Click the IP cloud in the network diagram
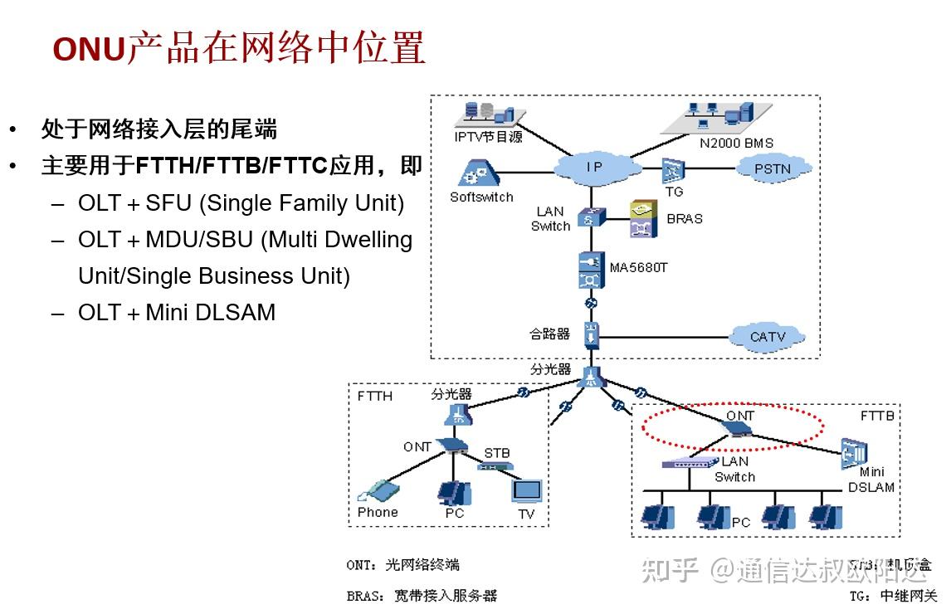click(595, 168)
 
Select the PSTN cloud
click(773, 169)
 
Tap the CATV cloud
click(767, 337)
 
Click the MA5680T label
click(638, 267)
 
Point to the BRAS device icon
click(643, 218)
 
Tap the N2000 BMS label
click(735, 143)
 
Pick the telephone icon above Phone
click(378, 490)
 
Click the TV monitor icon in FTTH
click(526, 491)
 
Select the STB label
click(497, 453)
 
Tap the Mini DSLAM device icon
click(854, 453)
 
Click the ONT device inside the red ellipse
click(736, 429)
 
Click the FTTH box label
click(374, 396)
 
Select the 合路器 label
click(549, 334)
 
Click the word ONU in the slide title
click(89, 51)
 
